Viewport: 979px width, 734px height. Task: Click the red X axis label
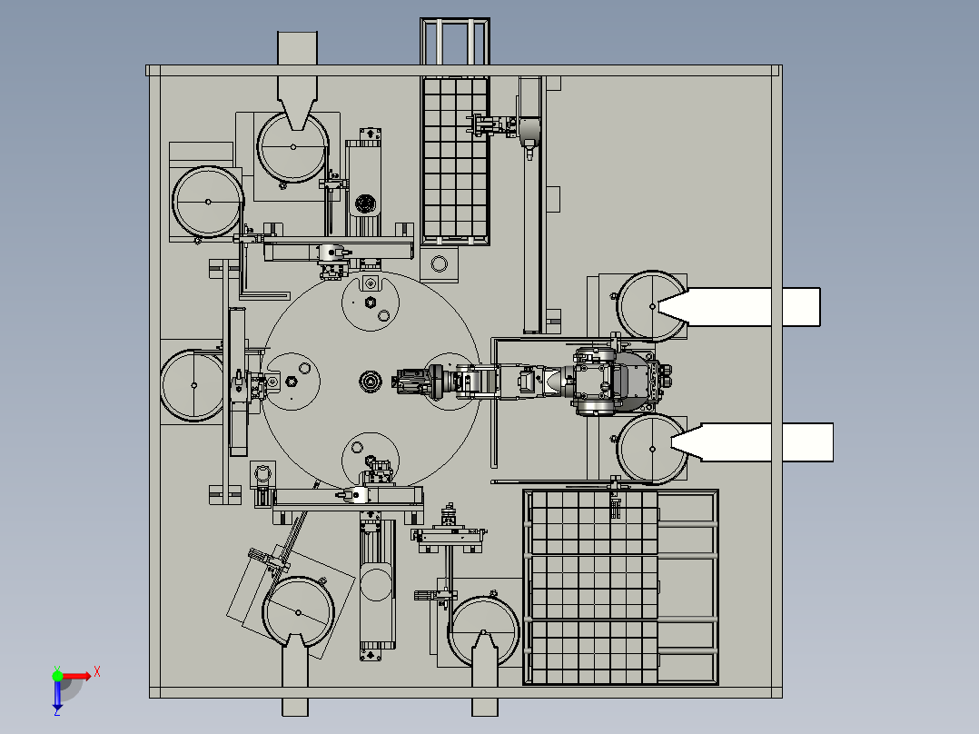97,671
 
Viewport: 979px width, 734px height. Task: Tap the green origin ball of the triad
57,676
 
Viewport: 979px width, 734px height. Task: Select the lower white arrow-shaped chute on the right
754,442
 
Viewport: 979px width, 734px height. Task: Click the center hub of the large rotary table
370,381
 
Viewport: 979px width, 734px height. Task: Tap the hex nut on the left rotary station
289,382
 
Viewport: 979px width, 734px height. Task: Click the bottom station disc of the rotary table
370,454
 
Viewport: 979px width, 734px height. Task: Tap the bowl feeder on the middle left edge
192,385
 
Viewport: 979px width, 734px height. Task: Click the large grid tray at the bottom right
592,587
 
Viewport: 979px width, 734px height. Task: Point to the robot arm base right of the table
618,381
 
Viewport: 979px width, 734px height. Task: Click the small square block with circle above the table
440,264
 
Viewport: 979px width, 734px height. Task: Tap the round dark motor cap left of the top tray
366,203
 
